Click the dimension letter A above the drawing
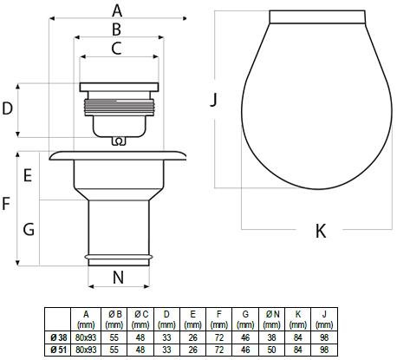[x=117, y=11]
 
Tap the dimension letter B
[x=116, y=29]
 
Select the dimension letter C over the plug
[x=116, y=49]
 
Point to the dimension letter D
[x=8, y=108]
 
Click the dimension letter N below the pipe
[x=118, y=278]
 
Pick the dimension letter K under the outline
[x=321, y=231]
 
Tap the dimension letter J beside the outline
[x=213, y=100]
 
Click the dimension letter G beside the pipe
[x=29, y=230]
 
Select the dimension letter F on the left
[x=6, y=204]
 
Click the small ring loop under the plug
[x=119, y=141]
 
